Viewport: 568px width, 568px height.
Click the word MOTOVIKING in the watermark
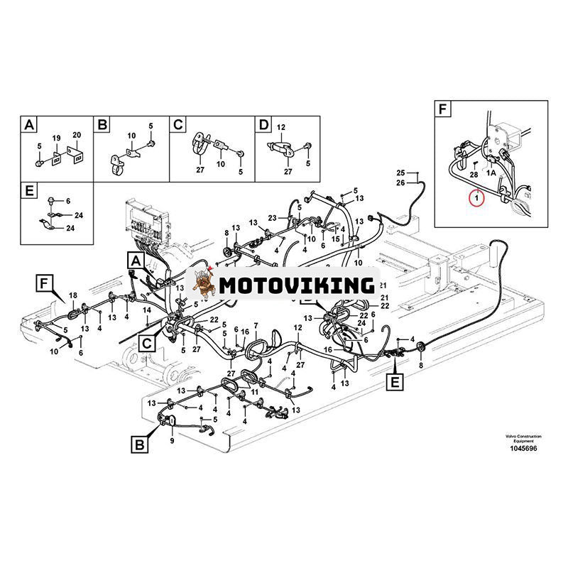tap(297, 286)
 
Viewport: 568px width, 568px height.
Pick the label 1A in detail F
tap(491, 171)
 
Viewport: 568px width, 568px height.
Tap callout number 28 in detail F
tap(473, 174)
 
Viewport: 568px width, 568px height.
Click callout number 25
tap(400, 174)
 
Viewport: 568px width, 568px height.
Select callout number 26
tap(400, 184)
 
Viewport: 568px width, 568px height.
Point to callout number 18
tap(72, 295)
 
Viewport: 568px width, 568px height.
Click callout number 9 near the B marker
tap(172, 441)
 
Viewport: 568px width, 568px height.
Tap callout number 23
tap(271, 217)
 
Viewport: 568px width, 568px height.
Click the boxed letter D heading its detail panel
tap(264, 125)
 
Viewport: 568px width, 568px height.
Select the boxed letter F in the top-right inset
tap(443, 110)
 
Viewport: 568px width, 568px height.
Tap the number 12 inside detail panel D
tap(280, 127)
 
